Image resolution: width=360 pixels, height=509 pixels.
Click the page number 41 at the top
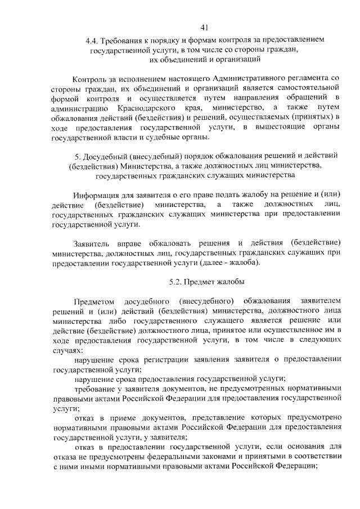click(x=204, y=26)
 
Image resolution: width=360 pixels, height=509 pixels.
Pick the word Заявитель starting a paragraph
click(x=92, y=243)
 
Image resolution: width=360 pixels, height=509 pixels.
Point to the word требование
click(x=96, y=389)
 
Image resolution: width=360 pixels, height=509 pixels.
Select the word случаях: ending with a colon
click(x=67, y=350)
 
